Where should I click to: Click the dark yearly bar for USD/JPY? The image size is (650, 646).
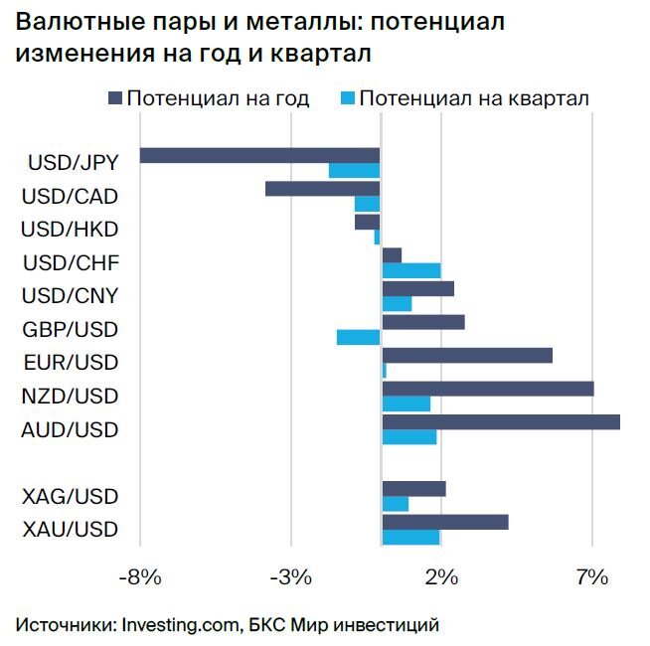point(260,155)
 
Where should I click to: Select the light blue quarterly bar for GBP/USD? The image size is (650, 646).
point(359,337)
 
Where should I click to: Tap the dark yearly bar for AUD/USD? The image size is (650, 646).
point(501,421)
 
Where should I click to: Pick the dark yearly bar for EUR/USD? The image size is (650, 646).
point(467,355)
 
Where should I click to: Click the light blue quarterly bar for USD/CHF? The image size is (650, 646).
point(411,270)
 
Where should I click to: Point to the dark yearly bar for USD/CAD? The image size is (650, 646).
point(323,189)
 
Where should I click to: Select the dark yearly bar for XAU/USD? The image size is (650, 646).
point(445,522)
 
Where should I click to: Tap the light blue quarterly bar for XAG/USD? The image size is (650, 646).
point(396,504)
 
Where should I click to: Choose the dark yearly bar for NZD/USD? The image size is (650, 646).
point(488,389)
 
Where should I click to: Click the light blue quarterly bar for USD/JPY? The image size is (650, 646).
point(355,171)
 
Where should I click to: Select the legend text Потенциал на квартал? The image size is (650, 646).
point(475,98)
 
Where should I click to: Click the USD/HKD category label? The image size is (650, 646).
point(70,230)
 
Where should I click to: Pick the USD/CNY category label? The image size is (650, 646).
point(70,296)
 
